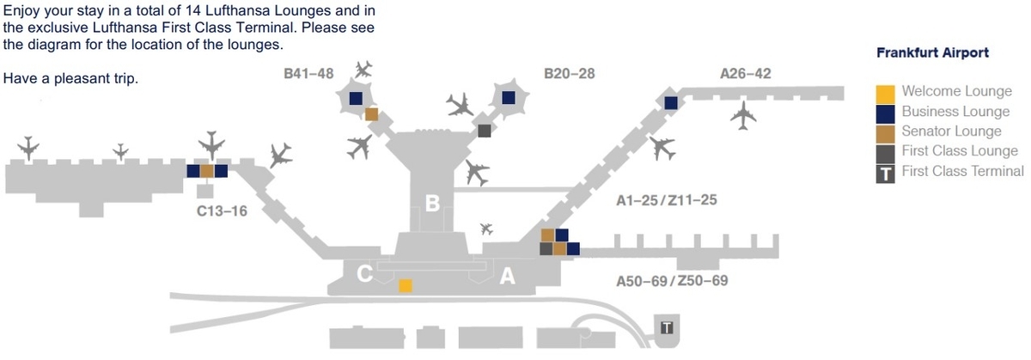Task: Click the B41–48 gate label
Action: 308,74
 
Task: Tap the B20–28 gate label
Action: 570,74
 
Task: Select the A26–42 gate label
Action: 745,74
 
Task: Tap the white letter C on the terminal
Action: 364,274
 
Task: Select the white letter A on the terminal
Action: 508,276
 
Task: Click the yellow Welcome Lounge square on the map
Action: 406,285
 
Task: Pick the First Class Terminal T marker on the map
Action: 667,327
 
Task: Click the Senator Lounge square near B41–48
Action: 371,113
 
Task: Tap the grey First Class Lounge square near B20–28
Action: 485,131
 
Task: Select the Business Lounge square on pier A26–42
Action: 671,103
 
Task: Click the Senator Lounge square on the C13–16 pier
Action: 206,171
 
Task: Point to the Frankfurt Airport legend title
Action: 931,53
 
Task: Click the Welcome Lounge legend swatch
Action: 886,93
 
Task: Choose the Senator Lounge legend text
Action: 951,131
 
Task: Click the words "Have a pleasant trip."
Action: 71,78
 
